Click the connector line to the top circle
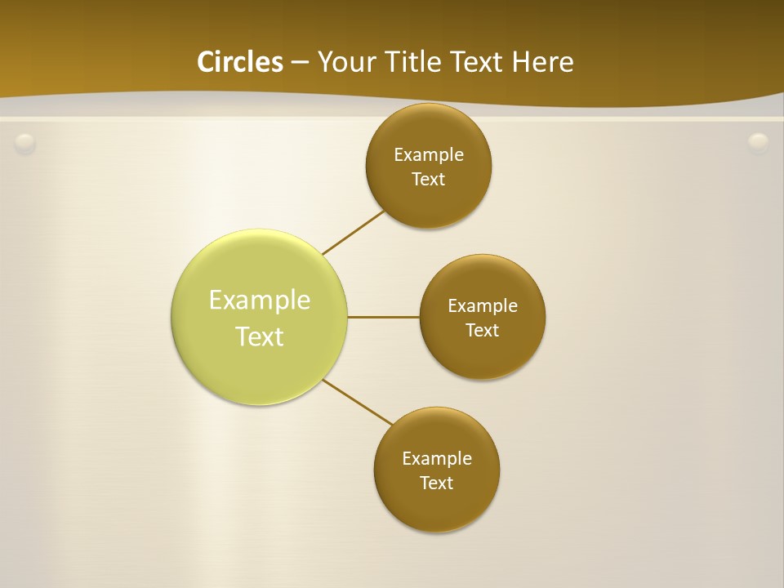coord(354,231)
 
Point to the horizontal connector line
coord(384,317)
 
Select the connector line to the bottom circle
coord(357,401)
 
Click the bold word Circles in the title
coord(240,61)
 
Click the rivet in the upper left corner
coord(25,144)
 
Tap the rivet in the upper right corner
coord(759,144)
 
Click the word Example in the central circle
coord(260,300)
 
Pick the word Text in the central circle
coord(260,336)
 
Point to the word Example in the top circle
coord(429,154)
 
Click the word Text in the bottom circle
coord(436,483)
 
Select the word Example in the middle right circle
coord(483,305)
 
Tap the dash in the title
coord(300,62)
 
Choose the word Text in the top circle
coord(428,179)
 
